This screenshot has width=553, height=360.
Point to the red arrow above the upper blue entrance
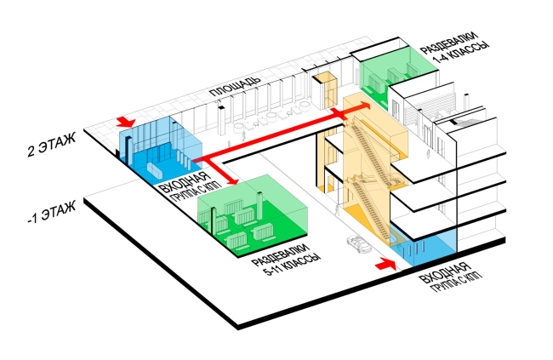coord(126,123)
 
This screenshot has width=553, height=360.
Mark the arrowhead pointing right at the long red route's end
coord(365,105)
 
